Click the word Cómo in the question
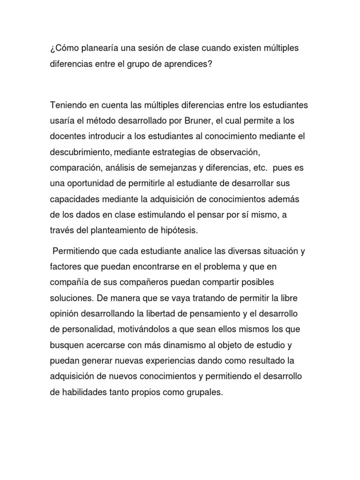pos(66,48)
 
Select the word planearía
pos(104,48)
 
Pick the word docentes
pos(67,136)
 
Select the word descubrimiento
pos(79,153)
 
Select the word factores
pos(66,266)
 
